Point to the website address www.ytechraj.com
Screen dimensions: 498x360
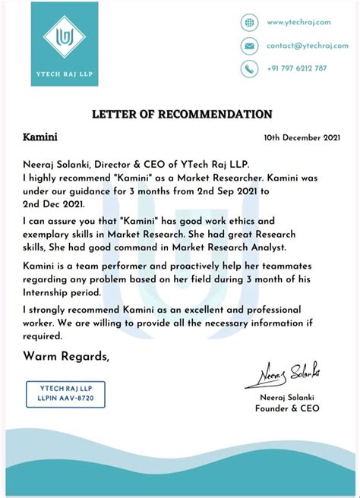pyautogui.click(x=298, y=23)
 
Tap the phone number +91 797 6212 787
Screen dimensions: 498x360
pyautogui.click(x=297, y=68)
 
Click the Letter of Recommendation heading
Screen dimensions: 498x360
pyautogui.click(x=182, y=114)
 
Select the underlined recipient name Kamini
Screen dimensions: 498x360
pyautogui.click(x=40, y=138)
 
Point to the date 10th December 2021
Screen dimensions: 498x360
pyautogui.click(x=302, y=138)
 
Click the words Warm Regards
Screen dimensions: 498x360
pyautogui.click(x=66, y=356)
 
